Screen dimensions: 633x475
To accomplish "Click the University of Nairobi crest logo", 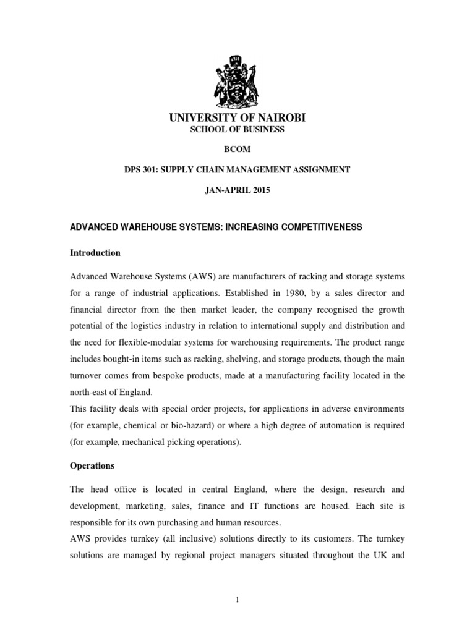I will point(237,74).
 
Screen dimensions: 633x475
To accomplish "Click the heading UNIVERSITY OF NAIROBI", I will point(237,118).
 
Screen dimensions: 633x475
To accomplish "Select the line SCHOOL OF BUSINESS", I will point(237,130).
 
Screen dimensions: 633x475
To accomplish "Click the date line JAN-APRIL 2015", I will point(237,190).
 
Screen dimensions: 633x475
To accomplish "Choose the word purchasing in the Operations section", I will point(172,523).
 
